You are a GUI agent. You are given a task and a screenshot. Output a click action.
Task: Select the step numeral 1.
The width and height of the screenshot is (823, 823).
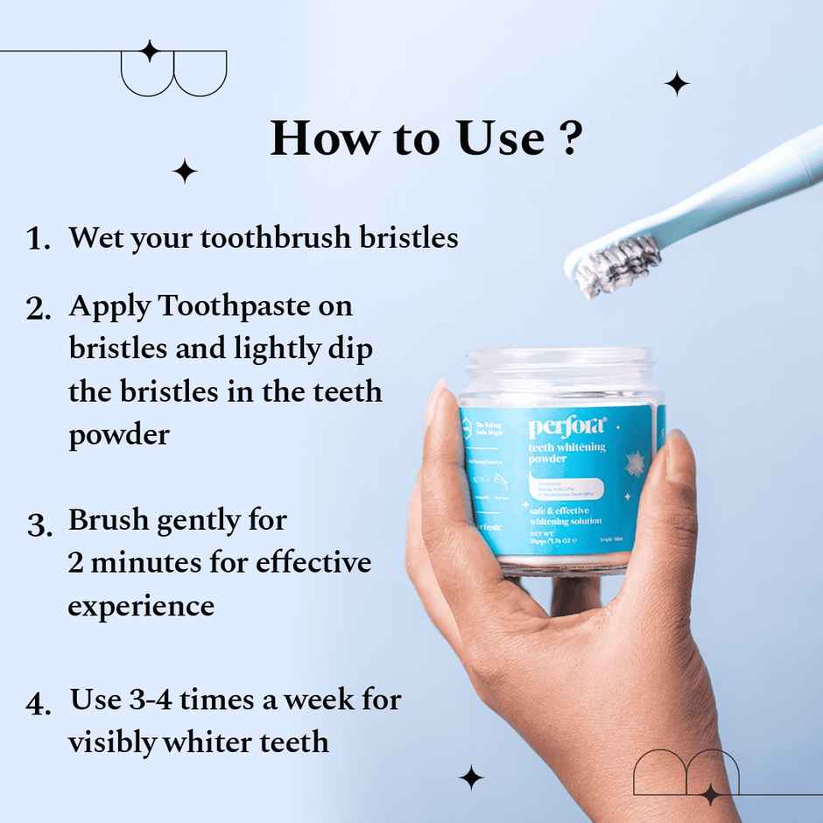point(38,239)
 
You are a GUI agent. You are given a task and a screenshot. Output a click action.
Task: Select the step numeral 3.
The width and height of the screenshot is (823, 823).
point(39,524)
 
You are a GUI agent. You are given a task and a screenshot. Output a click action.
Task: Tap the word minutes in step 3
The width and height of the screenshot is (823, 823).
point(151,562)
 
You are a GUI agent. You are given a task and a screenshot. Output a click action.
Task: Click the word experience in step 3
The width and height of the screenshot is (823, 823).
point(141,606)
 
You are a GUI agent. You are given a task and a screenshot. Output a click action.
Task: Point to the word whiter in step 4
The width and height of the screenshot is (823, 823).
point(208,742)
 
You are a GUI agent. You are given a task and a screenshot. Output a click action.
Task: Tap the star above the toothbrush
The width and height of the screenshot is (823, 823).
point(676,83)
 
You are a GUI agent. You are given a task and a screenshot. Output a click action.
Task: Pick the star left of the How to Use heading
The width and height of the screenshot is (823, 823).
point(185,171)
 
